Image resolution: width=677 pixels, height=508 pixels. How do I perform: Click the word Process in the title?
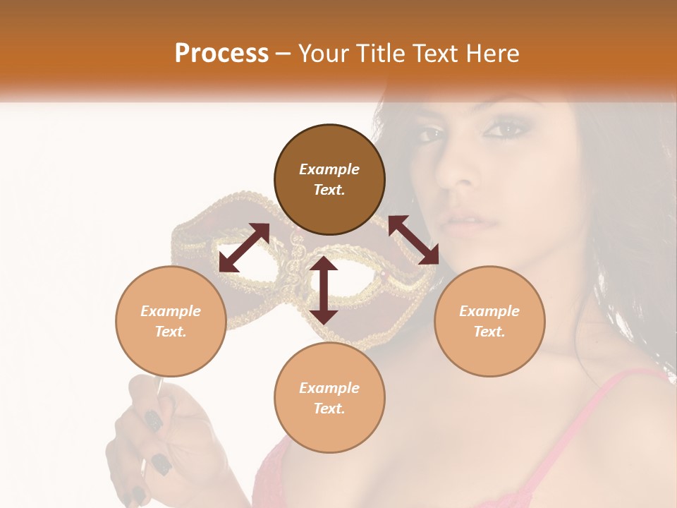(221, 54)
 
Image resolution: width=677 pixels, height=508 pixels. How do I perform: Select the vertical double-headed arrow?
(324, 290)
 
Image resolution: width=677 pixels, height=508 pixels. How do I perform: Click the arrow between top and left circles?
(244, 247)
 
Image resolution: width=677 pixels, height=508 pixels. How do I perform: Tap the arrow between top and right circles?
(414, 240)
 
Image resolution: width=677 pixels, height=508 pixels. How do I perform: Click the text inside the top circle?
(329, 179)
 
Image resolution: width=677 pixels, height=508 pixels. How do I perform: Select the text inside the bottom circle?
(329, 398)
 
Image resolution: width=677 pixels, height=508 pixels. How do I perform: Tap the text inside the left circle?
(171, 321)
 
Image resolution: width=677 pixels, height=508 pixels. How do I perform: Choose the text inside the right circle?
(489, 321)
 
